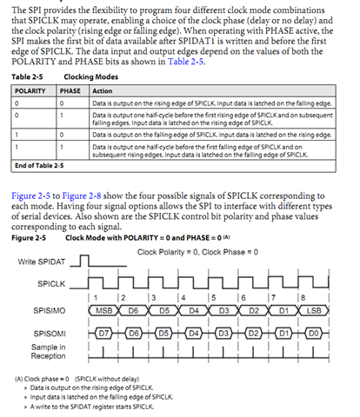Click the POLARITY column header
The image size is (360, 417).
(30, 91)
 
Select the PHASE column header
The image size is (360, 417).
(70, 91)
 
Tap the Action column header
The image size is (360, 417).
(103, 91)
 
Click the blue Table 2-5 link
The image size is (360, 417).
(186, 62)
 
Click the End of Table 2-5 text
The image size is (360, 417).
(39, 166)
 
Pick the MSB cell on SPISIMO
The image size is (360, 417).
(103, 311)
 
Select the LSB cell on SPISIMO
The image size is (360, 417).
(314, 311)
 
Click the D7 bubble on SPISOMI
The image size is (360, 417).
(103, 334)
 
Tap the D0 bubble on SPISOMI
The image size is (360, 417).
(314, 334)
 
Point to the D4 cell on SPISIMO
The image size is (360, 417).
(194, 311)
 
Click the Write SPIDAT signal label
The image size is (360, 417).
(42, 261)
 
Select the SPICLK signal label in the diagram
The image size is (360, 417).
(51, 284)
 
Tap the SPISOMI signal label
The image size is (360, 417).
(50, 334)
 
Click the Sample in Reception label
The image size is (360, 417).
(49, 352)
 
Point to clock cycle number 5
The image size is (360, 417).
(214, 298)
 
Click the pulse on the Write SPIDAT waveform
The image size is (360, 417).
(84, 261)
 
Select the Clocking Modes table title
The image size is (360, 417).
(91, 77)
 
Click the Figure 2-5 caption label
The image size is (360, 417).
(29, 238)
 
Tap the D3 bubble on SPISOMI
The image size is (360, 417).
(223, 334)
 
